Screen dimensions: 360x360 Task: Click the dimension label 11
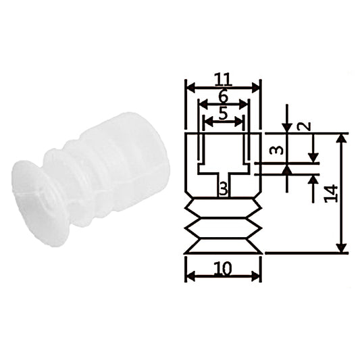click(223, 79)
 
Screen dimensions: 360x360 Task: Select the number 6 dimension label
click(223, 97)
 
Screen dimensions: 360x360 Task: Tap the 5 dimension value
click(223, 113)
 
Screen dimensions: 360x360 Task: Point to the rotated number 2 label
click(305, 126)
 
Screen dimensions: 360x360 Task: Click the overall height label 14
click(331, 194)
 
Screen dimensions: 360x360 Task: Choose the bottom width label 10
click(223, 268)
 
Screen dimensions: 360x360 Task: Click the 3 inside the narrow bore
click(223, 190)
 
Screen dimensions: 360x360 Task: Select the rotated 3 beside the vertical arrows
click(277, 151)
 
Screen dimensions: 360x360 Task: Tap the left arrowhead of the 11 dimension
click(191, 88)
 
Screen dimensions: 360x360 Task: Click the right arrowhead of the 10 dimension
click(255, 276)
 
